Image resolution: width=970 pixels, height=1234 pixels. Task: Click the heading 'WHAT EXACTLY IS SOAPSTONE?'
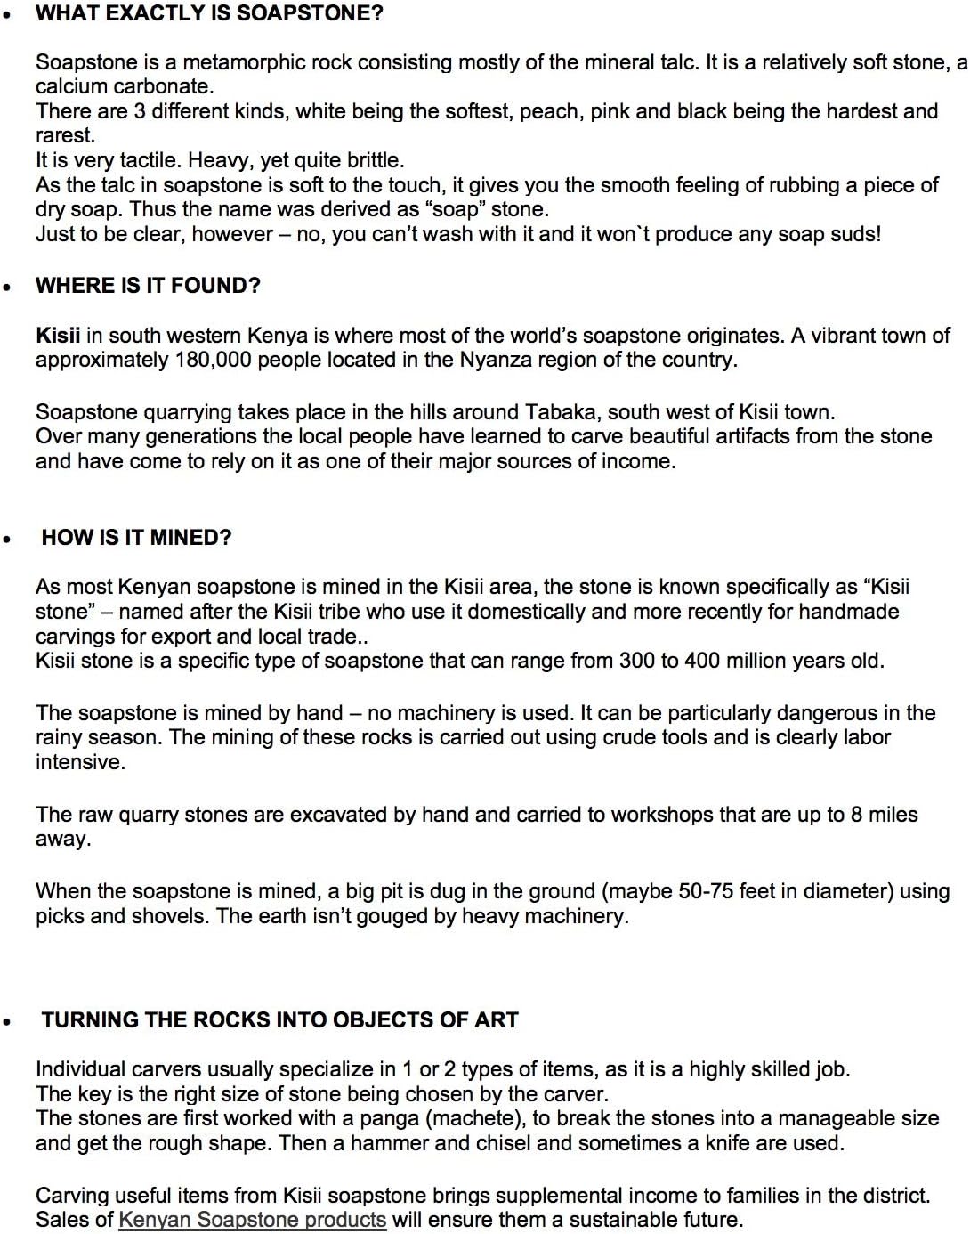click(x=209, y=13)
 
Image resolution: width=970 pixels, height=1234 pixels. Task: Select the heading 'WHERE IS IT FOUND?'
click(x=148, y=286)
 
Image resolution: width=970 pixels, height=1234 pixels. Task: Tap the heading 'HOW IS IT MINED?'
click(x=136, y=538)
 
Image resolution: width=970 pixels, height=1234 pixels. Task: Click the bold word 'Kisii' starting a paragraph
click(x=58, y=336)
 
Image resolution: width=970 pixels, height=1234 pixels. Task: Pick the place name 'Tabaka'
click(x=559, y=412)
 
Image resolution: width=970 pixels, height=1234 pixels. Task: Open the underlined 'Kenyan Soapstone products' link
click(x=253, y=1220)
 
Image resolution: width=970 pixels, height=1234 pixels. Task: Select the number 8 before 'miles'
click(x=856, y=815)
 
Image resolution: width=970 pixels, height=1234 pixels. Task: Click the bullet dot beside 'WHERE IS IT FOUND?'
click(x=8, y=288)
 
